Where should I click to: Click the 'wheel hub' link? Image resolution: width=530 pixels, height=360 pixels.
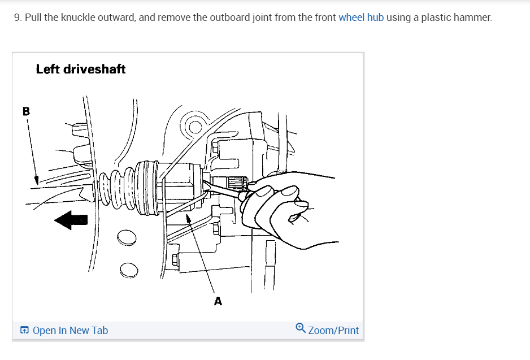361,18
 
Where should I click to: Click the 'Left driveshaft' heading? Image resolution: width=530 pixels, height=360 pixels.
81,69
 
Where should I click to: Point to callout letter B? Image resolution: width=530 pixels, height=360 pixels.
25,111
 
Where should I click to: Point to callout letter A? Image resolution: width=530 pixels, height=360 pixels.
218,301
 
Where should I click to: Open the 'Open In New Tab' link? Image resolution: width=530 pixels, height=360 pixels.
70,330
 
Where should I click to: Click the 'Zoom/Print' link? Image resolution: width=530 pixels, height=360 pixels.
333,330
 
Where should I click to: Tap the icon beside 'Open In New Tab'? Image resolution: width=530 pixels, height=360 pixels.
24,330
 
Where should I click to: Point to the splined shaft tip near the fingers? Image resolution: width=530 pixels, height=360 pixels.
237,183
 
